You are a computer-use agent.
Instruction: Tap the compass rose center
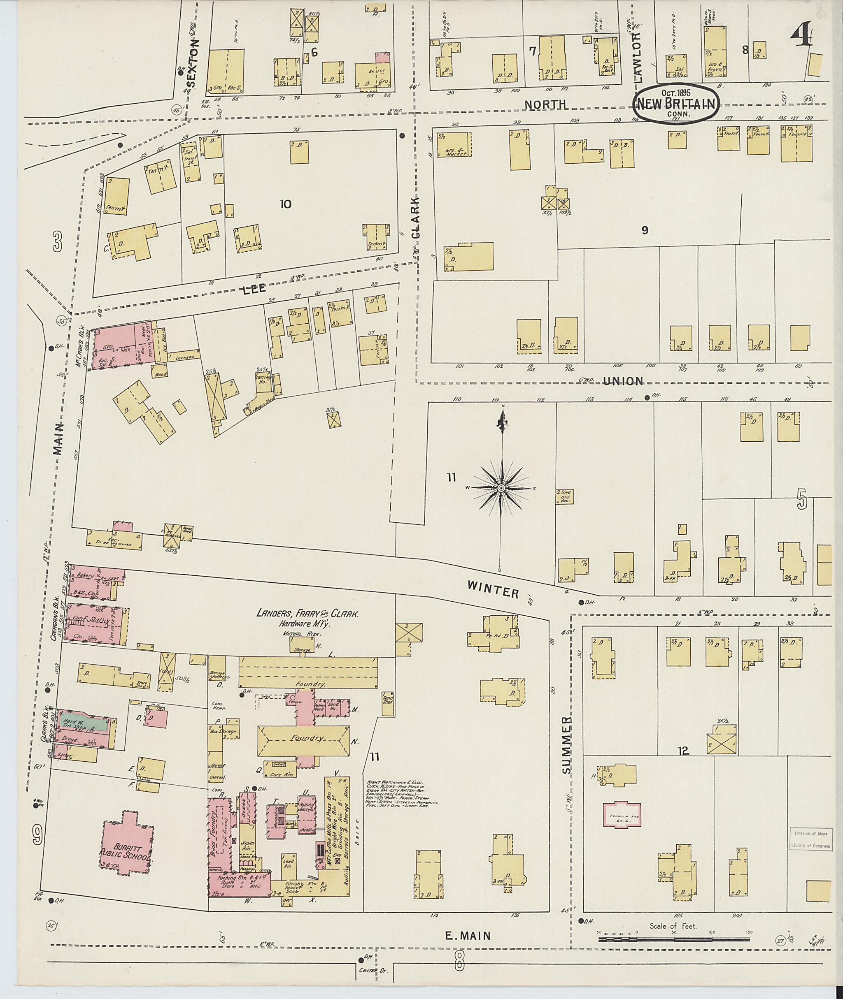click(501, 489)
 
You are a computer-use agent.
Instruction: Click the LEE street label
click(254, 289)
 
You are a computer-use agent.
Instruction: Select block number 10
click(285, 204)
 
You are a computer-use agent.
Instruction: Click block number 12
click(683, 751)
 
